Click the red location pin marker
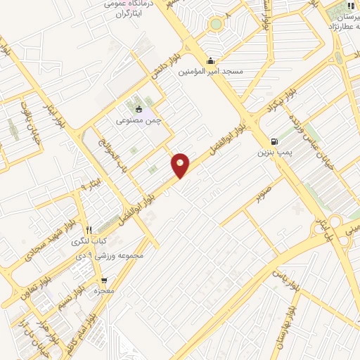click(x=181, y=165)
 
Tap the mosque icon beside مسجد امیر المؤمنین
click(x=211, y=60)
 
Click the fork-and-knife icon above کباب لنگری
click(x=89, y=230)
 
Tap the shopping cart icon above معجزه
click(x=104, y=281)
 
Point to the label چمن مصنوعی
click(x=144, y=120)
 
